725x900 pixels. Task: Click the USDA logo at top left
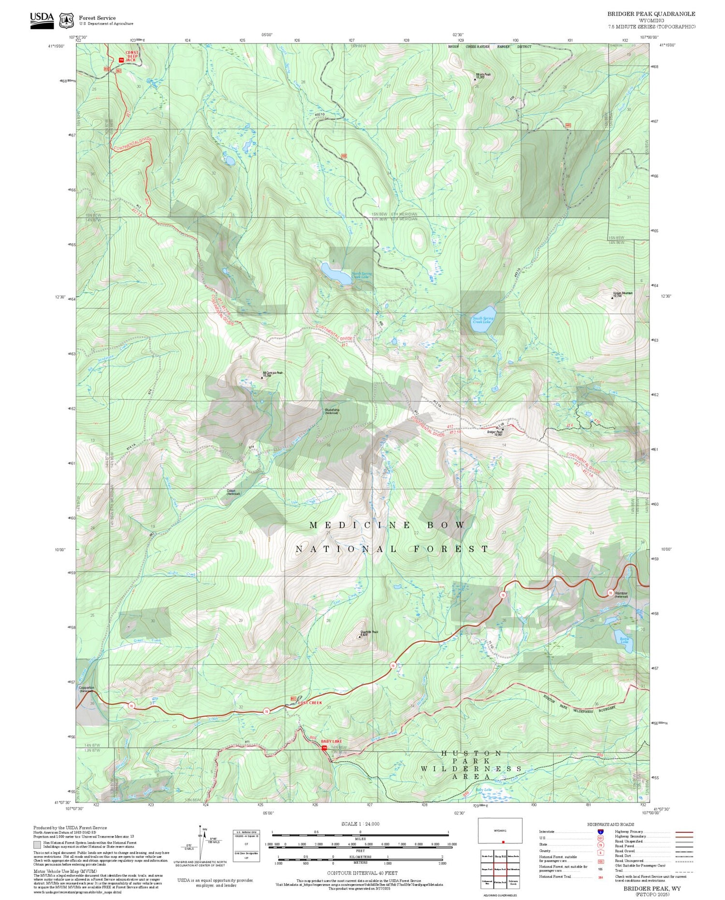42,20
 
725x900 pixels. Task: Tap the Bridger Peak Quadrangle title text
651,14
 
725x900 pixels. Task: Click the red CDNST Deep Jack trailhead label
131,56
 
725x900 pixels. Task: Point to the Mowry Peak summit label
482,75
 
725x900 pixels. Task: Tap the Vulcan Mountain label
623,294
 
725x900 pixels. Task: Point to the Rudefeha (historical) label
331,411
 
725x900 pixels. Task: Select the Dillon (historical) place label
233,492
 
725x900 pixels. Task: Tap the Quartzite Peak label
369,632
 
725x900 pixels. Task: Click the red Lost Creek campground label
309,702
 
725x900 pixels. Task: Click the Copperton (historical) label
87,689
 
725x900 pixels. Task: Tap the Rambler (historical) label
621,594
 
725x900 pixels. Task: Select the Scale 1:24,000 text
360,824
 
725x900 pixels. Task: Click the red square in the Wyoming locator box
503,842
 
